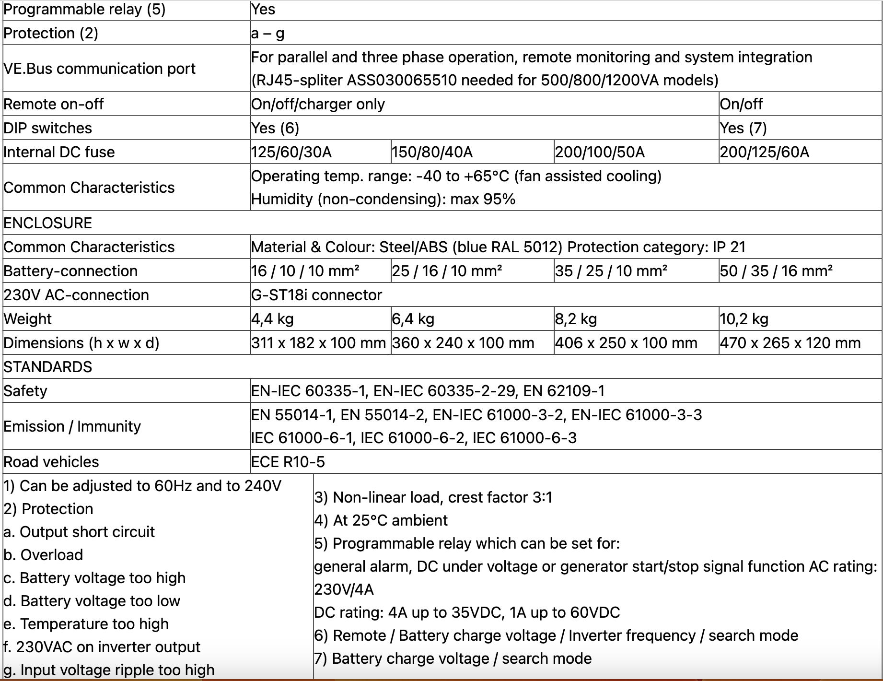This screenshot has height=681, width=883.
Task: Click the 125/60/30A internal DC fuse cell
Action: (x=291, y=152)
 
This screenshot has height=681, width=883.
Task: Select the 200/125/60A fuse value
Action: (x=764, y=152)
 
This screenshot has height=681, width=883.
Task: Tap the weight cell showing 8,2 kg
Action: (x=576, y=319)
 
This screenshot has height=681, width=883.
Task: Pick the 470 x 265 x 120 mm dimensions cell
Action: (x=790, y=343)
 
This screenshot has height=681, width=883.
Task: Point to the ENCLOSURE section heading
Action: (x=47, y=223)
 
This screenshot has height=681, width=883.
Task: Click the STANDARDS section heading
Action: (x=47, y=367)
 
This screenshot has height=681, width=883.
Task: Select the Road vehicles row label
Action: (x=51, y=462)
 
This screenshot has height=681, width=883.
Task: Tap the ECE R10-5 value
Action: (x=288, y=462)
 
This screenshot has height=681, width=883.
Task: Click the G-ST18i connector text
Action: (x=316, y=295)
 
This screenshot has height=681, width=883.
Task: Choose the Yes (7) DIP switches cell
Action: (x=743, y=128)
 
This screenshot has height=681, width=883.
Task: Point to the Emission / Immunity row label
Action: (x=72, y=426)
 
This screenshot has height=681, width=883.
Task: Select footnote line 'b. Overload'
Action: (x=43, y=555)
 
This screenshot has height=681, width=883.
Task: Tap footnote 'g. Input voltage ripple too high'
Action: (x=109, y=670)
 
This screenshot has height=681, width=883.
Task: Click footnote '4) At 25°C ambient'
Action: (x=381, y=520)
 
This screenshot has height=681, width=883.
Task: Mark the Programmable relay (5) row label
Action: (x=84, y=10)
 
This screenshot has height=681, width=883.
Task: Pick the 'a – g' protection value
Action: (x=267, y=33)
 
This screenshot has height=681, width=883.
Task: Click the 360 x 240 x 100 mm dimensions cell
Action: (x=463, y=343)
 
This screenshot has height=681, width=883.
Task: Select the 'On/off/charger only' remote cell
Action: (x=318, y=104)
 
